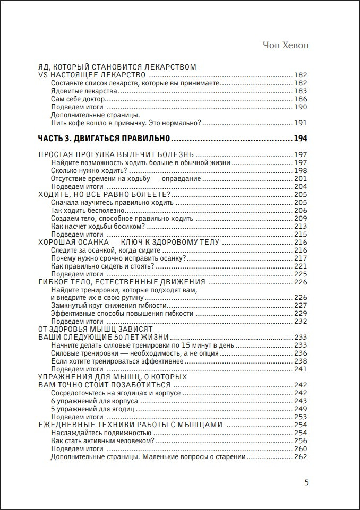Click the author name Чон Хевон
tap(286, 46)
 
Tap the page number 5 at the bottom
tap(306, 482)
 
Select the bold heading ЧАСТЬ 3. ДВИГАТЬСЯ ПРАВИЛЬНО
tap(104, 139)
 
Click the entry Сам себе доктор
tap(79, 99)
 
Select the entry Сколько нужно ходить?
tap(89, 170)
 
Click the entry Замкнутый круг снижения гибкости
tap(110, 306)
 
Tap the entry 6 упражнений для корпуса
tap(95, 401)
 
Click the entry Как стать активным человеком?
tap(103, 441)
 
